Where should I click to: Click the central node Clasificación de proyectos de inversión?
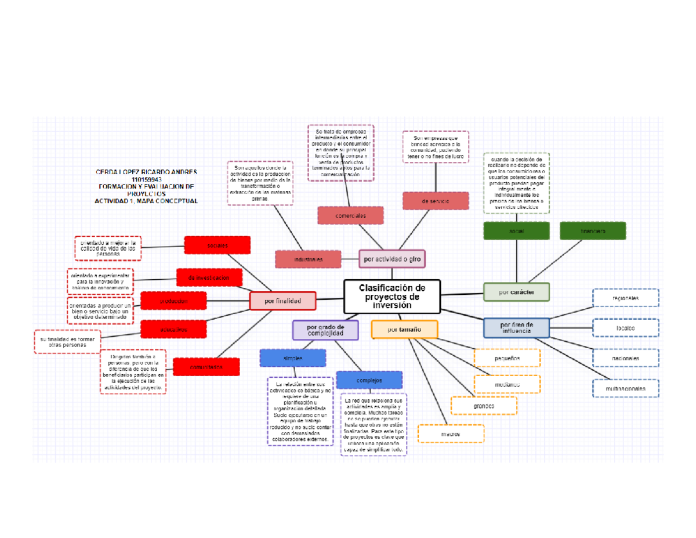click(392, 297)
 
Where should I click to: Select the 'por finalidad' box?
click(282, 301)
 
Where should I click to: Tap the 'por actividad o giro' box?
click(392, 258)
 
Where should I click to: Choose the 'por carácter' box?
click(516, 292)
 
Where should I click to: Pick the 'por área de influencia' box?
click(516, 327)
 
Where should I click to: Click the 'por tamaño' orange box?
click(404, 330)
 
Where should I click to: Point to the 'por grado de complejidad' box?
click(325, 330)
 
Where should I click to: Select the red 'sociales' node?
click(217, 245)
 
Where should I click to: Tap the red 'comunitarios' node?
click(206, 367)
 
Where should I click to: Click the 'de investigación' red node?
click(209, 278)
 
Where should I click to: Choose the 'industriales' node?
click(308, 259)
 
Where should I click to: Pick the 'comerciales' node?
click(350, 215)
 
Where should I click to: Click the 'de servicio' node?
click(436, 201)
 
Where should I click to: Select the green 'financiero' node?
click(593, 231)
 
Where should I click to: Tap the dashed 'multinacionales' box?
click(625, 388)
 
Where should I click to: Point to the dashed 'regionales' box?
click(625, 298)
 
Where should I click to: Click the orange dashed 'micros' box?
click(450, 434)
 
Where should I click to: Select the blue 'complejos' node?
click(369, 380)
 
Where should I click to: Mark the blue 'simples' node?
click(293, 358)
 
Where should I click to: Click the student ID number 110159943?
click(146, 179)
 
